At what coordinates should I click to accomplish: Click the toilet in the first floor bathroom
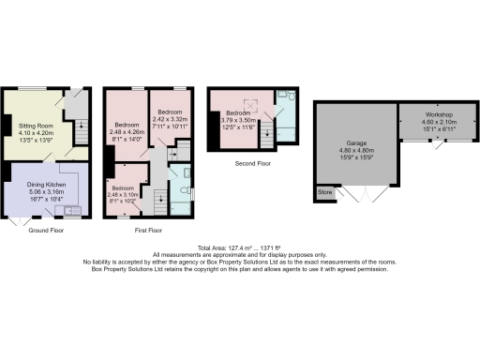point(187,174)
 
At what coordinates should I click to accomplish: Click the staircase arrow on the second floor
point(272,130)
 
